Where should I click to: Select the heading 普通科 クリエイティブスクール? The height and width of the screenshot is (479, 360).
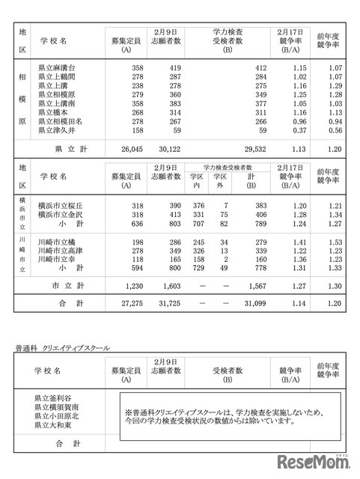tap(62, 347)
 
